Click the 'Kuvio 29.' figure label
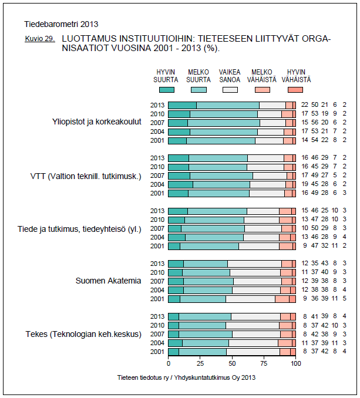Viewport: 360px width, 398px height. (x=40, y=39)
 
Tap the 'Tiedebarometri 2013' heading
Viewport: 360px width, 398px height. (x=61, y=25)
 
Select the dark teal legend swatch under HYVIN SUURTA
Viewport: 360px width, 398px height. (x=167, y=89)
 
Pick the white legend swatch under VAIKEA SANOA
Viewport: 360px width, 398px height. (x=230, y=89)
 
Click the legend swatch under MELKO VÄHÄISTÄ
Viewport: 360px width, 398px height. (x=262, y=89)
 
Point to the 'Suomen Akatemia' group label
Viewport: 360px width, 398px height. (x=108, y=281)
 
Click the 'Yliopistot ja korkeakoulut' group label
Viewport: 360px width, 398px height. (x=97, y=122)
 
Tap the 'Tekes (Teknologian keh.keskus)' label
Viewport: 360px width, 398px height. (x=83, y=334)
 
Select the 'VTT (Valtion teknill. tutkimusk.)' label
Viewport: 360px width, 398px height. (x=86, y=176)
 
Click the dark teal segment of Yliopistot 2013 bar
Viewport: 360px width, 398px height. (x=182, y=105)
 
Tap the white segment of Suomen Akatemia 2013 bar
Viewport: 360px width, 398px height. (x=254, y=264)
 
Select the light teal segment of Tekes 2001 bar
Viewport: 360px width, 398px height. (x=202, y=352)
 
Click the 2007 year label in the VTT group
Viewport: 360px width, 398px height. (x=157, y=176)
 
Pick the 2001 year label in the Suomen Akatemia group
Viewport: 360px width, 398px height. (x=157, y=299)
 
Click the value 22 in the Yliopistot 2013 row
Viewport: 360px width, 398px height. (x=305, y=105)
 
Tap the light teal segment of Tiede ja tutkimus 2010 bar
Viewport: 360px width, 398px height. (x=214, y=220)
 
